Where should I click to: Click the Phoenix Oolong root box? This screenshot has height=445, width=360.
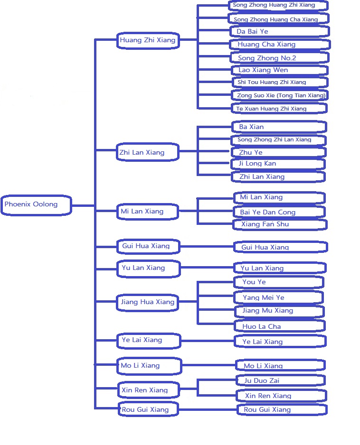tap(36, 205)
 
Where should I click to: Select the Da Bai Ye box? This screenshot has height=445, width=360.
tap(280, 31)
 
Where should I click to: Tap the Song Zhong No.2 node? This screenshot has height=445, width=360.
tap(280, 57)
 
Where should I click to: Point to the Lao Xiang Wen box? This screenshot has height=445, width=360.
tap(280, 70)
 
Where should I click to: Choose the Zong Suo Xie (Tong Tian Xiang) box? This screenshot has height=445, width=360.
tap(280, 95)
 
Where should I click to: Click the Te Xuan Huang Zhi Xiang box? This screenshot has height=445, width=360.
tap(279, 109)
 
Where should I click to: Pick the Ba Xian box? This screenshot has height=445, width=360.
tap(279, 127)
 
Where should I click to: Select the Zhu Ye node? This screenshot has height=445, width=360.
tap(278, 152)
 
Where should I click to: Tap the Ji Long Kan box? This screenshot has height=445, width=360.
tap(278, 164)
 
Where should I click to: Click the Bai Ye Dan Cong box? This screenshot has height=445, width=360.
tap(279, 212)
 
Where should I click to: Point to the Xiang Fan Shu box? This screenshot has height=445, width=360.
tap(280, 224)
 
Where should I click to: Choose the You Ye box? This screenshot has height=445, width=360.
tap(279, 282)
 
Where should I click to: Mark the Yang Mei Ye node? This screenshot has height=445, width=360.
tap(279, 297)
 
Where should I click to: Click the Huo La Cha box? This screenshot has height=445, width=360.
tap(280, 326)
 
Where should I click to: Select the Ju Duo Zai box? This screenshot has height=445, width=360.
tap(281, 380)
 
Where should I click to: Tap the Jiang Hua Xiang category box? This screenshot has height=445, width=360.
tap(147, 303)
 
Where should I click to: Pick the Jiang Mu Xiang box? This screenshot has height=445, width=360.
tap(279, 311)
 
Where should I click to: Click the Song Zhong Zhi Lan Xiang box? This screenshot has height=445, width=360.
tap(278, 140)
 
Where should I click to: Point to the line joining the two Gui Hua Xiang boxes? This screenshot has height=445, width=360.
tap(207, 246)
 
